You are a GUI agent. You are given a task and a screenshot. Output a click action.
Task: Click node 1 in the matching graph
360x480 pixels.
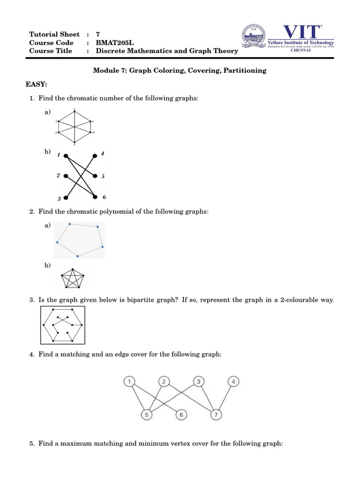(x=129, y=382)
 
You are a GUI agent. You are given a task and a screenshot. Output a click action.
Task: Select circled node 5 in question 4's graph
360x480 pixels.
(x=147, y=415)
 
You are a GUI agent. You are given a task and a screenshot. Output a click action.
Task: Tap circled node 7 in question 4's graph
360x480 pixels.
(x=216, y=415)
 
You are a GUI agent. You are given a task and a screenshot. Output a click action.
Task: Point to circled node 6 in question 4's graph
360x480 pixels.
(x=181, y=415)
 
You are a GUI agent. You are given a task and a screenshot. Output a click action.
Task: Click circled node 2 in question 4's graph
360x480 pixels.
(x=164, y=382)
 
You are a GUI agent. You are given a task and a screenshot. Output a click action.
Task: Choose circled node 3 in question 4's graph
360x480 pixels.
(x=198, y=382)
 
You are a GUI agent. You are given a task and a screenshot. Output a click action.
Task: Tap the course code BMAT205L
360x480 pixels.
(x=114, y=43)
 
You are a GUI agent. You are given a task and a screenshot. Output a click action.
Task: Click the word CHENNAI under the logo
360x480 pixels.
(x=301, y=51)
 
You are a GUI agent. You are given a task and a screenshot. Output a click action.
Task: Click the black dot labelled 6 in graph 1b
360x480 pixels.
(x=96, y=197)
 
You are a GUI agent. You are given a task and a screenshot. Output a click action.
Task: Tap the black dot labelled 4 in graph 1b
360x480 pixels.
(x=96, y=155)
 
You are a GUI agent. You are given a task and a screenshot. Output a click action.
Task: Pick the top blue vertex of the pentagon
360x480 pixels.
(x=69, y=224)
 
